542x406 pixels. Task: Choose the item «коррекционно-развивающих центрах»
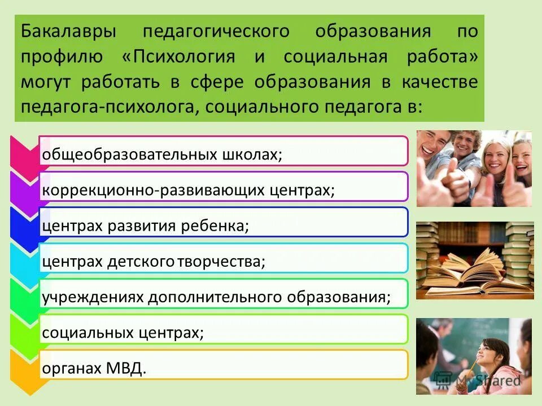[x=188, y=189]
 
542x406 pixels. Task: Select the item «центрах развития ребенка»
[x=145, y=225]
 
